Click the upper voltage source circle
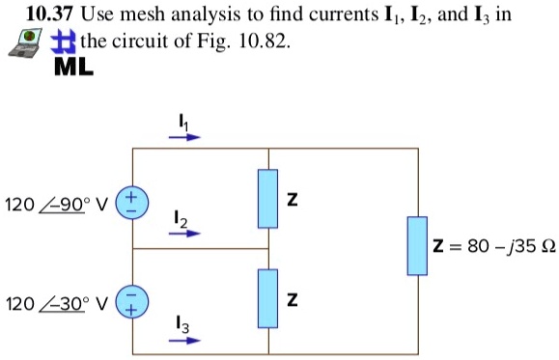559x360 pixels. pos(131,203)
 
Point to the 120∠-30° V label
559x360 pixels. pos(57,302)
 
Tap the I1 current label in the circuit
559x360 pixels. pos(183,120)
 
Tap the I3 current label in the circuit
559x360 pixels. pos(183,325)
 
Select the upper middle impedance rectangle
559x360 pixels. pos(268,200)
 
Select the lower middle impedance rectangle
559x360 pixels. pos(268,299)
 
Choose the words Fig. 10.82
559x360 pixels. pos(251,42)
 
